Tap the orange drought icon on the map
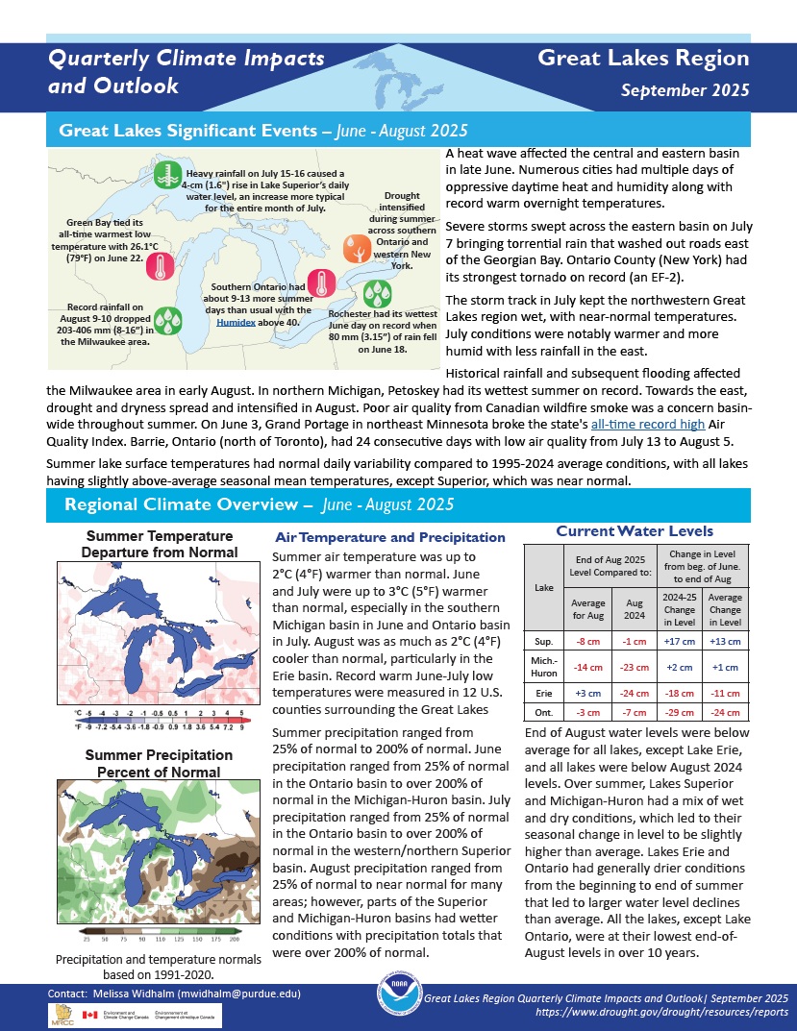click(358, 250)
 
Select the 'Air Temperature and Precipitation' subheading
click(389, 538)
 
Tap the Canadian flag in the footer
click(90, 1015)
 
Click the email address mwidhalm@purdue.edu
click(243, 993)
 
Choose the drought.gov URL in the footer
click(610, 1014)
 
